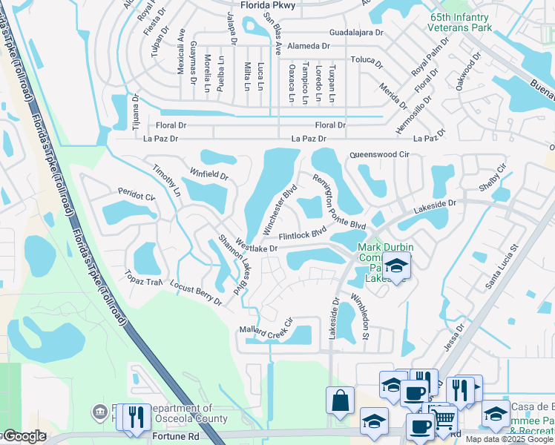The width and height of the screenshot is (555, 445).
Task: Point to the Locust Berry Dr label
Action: [x=195, y=293]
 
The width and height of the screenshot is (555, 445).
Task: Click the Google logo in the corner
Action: [x=24, y=436]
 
